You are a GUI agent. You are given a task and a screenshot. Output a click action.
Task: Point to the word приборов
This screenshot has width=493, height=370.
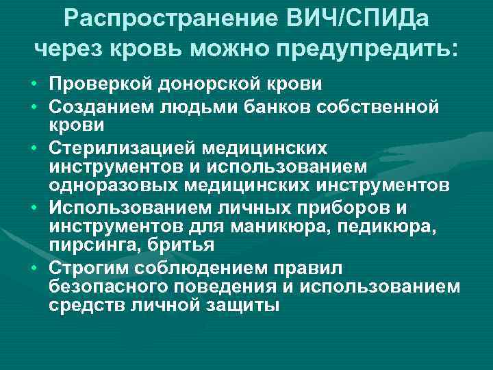point(328,207)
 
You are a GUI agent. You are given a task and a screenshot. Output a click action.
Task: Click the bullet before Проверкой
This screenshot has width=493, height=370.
point(33,84)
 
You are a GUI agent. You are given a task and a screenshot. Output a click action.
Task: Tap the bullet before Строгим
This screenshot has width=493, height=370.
point(33,267)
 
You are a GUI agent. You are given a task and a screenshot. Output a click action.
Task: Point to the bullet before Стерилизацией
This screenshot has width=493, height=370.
point(33,148)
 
